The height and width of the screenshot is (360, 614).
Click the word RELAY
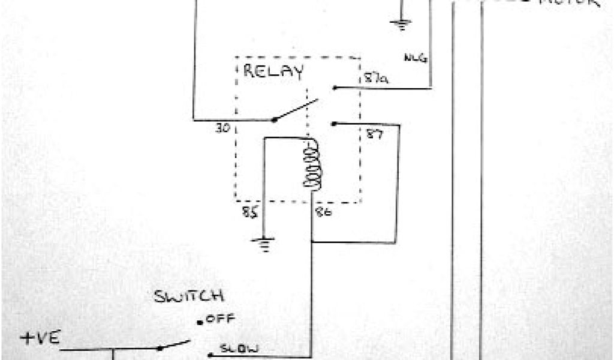tap(273, 72)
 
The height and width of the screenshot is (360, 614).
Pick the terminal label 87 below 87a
tap(372, 135)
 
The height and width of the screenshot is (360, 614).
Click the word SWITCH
tap(189, 296)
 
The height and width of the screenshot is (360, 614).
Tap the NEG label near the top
tap(415, 58)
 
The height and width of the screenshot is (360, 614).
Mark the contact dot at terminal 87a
tap(334, 88)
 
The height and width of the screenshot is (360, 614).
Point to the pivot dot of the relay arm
tap(275, 119)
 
